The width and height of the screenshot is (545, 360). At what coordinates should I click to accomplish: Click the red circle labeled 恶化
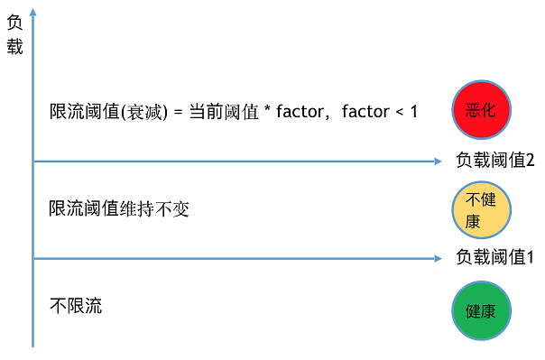tap(482, 109)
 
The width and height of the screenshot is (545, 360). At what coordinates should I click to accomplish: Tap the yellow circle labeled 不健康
tap(480, 209)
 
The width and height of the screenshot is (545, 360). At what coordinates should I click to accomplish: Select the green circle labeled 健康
tap(480, 311)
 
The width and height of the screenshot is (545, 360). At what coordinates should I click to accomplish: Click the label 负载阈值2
tap(495, 162)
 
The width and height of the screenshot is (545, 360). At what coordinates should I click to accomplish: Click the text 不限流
tap(76, 306)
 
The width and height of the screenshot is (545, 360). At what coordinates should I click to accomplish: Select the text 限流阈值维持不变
tap(120, 208)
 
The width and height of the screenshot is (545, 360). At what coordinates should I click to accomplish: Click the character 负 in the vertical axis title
tap(14, 25)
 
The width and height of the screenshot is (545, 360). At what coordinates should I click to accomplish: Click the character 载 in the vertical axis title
tap(14, 47)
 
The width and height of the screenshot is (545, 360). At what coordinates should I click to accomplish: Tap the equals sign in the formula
tap(178, 112)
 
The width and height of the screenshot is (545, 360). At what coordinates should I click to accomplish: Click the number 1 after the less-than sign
tap(413, 112)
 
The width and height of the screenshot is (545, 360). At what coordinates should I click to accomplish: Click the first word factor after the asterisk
tap(301, 112)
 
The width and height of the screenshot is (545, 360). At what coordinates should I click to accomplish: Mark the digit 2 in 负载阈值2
tap(530, 162)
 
